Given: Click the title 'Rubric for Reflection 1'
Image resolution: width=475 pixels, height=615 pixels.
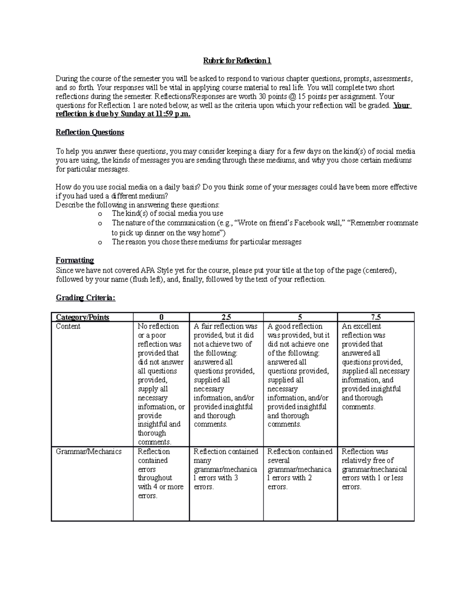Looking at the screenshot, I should click(x=237, y=61).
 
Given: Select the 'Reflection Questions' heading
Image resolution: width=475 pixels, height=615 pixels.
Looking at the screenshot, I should click(x=90, y=132).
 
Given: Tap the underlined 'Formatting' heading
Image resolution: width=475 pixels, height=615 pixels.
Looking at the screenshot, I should click(x=75, y=260).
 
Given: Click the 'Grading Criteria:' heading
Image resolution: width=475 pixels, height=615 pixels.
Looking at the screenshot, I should click(x=85, y=298).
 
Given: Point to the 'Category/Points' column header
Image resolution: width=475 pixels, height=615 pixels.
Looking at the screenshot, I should click(x=82, y=317).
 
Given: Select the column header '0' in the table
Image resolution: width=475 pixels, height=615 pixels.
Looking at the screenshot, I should click(x=161, y=317).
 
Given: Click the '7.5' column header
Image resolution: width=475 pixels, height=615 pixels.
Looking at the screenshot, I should click(x=376, y=317).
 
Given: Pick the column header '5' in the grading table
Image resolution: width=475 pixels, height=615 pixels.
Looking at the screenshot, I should click(x=300, y=317).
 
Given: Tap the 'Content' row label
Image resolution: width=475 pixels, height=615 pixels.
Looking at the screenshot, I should click(x=68, y=326).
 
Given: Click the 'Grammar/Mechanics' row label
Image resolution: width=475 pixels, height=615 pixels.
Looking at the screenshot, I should click(x=89, y=451).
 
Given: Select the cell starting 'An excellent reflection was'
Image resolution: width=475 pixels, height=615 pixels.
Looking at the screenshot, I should click(x=375, y=366).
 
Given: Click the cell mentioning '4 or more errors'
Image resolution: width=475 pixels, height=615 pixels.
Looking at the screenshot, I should click(x=160, y=473).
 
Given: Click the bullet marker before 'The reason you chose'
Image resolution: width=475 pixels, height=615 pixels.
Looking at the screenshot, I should click(x=100, y=242).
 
